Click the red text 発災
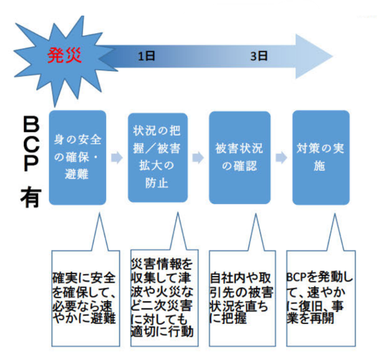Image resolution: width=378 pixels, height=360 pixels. pos(64,56)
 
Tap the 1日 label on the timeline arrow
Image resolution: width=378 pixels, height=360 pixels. pos(146,56)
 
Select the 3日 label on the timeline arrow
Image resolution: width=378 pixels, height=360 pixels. pos(259,56)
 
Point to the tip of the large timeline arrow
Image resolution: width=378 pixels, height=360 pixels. pos(333,57)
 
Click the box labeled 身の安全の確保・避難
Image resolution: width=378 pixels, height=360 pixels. pos(78,158)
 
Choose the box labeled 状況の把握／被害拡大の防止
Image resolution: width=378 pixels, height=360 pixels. pos(157,158)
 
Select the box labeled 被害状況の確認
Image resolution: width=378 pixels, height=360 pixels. pos(240,158)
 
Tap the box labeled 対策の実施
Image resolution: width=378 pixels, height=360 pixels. pos(321,158)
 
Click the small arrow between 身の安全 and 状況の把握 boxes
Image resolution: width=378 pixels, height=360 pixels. pos(117,158)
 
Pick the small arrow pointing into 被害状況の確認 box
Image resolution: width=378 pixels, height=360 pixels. pos(198,158)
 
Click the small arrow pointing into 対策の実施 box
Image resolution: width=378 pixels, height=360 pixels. pos(282,158)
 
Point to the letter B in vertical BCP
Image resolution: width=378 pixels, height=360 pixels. pos(31,124)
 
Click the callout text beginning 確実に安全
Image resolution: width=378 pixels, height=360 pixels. pos(84,298)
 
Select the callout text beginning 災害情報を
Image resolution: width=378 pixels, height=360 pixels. pos(162,298)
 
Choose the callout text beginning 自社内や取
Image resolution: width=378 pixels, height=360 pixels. pos(242,298)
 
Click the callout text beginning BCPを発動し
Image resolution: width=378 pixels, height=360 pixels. pos(319,298)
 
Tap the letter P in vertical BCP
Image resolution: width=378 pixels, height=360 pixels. pos(31,163)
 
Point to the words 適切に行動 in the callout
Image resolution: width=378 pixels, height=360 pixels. pos(162,331)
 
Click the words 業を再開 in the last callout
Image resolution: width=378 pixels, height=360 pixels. pos(310,318)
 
